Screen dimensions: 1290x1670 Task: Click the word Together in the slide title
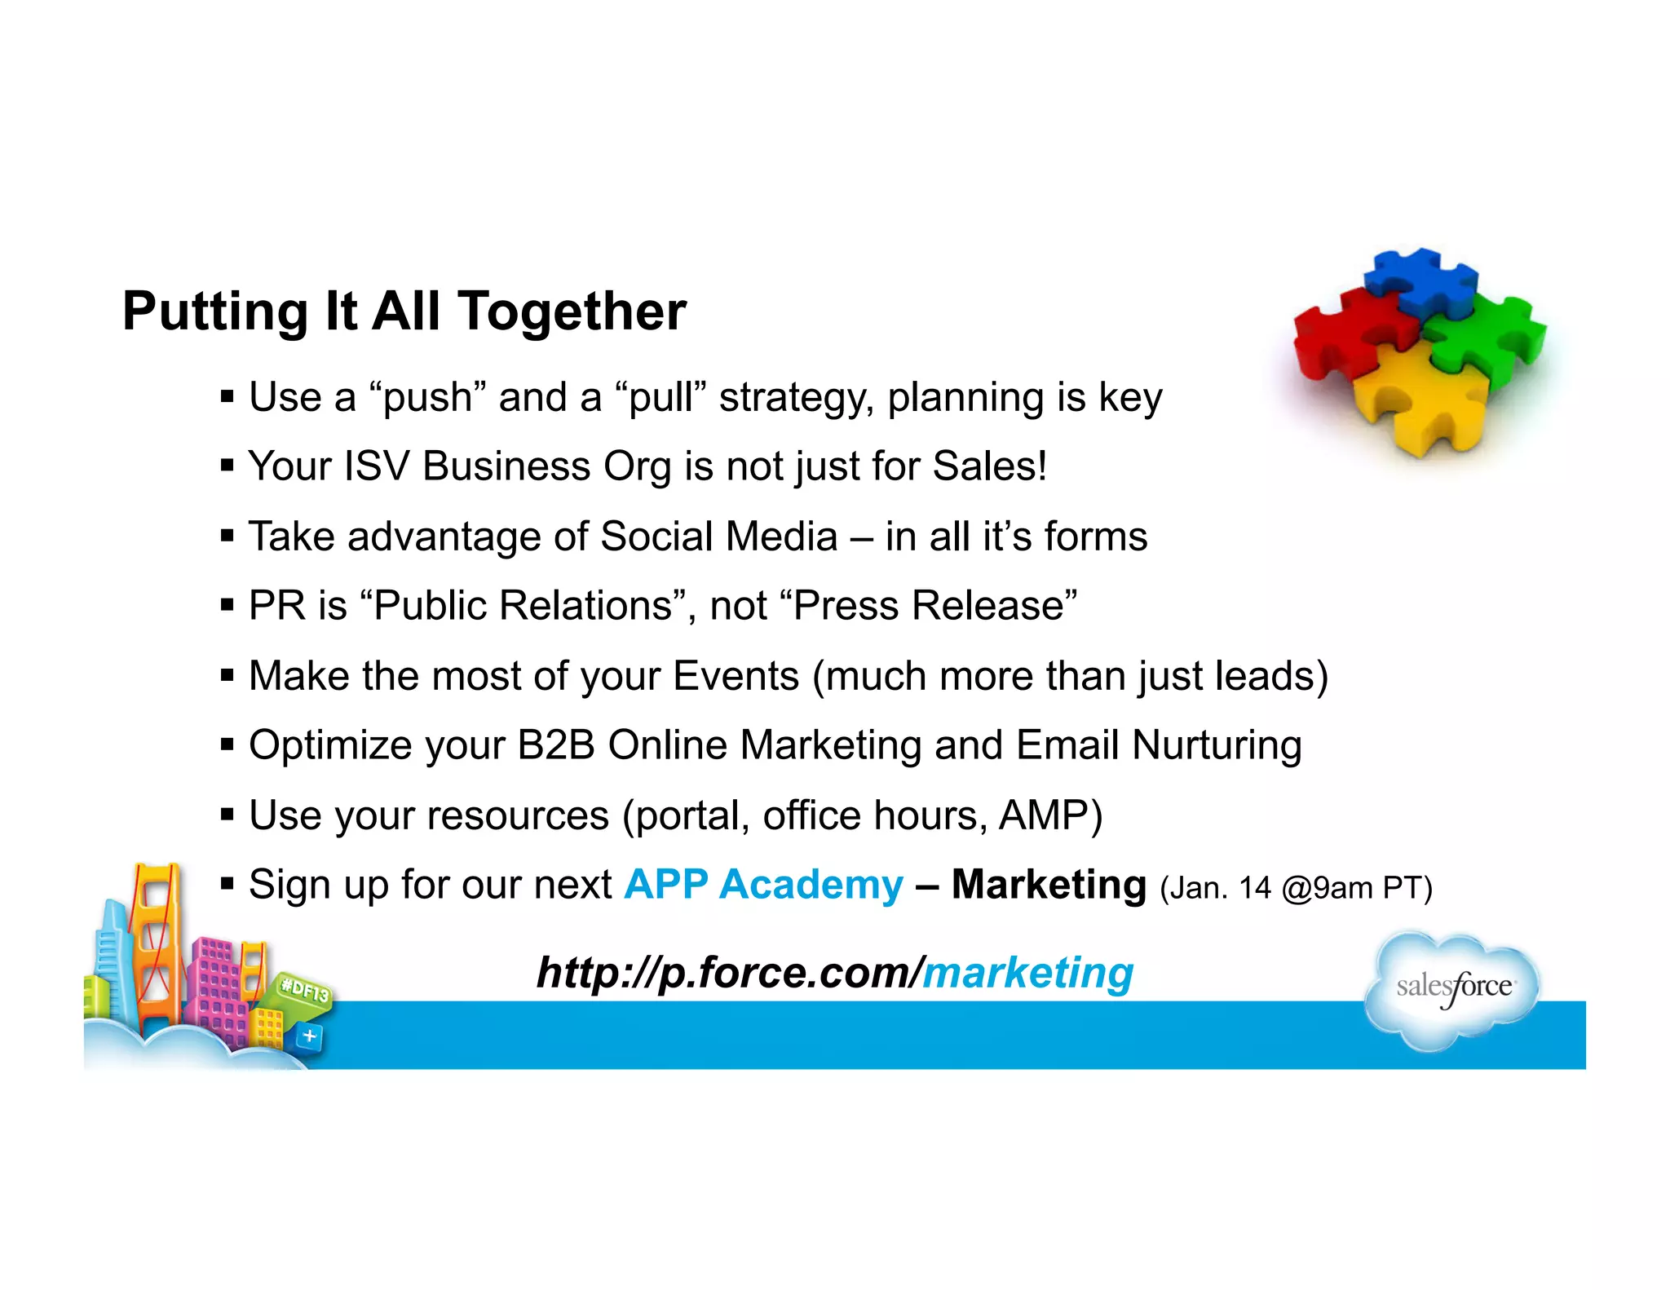pyautogui.click(x=572, y=312)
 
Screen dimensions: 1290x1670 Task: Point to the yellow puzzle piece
pyautogui.click(x=1419, y=400)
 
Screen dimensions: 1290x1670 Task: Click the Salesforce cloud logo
pyautogui.click(x=1453, y=988)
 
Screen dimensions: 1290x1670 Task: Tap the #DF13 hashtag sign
pyautogui.click(x=304, y=991)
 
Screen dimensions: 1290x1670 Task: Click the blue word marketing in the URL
pyautogui.click(x=1027, y=973)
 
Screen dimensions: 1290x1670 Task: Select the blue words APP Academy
pyautogui.click(x=763, y=885)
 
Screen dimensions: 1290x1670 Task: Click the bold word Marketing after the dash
pyautogui.click(x=1049, y=885)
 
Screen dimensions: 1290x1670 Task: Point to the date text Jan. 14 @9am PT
pyautogui.click(x=1296, y=888)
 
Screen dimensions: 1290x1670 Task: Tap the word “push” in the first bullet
pyautogui.click(x=427, y=398)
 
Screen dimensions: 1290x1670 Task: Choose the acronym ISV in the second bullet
pyautogui.click(x=376, y=466)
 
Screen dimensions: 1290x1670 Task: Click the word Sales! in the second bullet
pyautogui.click(x=989, y=466)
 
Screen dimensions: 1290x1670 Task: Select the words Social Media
pyautogui.click(x=718, y=537)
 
